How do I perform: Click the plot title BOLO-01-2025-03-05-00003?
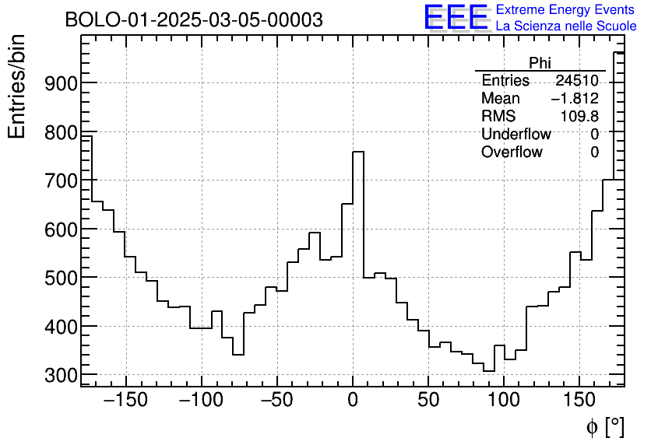coord(194,20)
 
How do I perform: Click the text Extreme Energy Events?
coord(566,10)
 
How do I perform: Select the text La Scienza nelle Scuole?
coord(566,26)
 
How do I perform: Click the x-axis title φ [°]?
coord(604,426)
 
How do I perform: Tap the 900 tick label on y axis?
coord(55,83)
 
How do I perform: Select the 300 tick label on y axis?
coord(55,375)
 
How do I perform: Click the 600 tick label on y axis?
coord(55,230)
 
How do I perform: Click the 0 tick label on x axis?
coord(353,401)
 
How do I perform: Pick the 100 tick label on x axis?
coord(504,401)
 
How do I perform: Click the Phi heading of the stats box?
coord(540,63)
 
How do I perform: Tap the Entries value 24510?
coord(576,81)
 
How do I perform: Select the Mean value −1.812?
coord(575,99)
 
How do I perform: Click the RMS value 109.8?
coord(579,117)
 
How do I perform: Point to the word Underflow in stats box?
coord(516,135)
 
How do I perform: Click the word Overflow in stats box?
coord(512,152)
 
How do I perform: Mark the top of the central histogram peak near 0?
coord(358,152)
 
